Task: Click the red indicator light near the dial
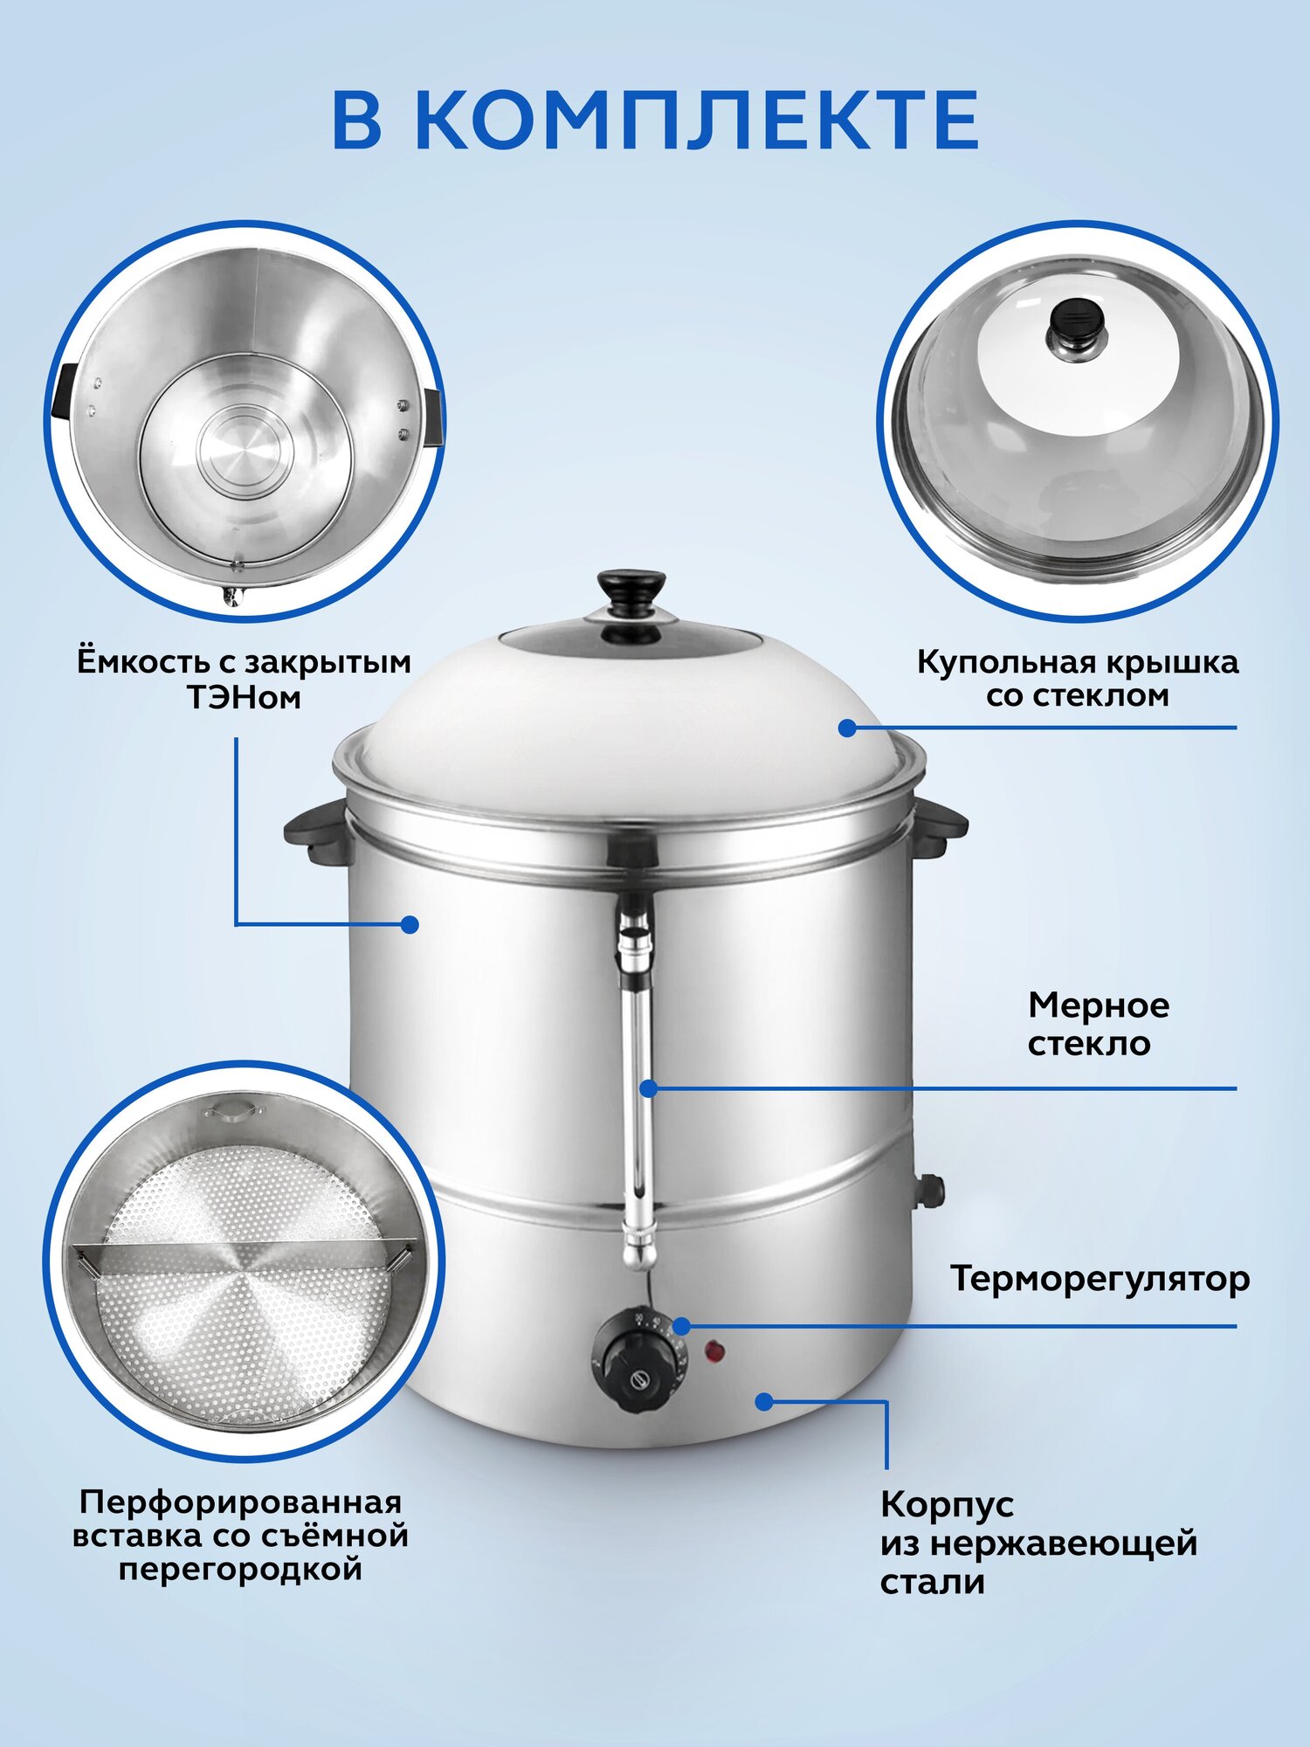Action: point(715,1353)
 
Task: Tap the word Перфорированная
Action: point(240,1502)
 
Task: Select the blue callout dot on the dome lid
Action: point(847,727)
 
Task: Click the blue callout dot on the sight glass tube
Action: point(648,1088)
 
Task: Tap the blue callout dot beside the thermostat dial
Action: point(681,1326)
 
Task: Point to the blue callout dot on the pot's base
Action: point(764,1401)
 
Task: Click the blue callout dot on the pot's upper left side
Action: point(410,924)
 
